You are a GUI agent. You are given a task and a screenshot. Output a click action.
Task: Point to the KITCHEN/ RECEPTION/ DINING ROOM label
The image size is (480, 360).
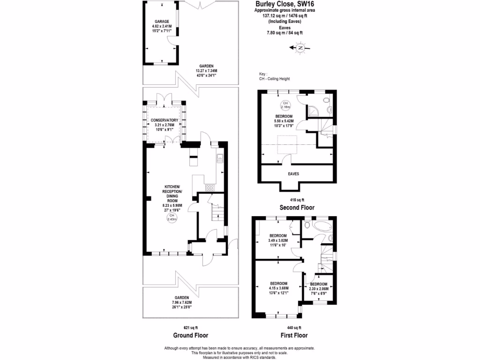click(172, 193)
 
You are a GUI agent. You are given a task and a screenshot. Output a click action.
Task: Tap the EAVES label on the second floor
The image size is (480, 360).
click(293, 173)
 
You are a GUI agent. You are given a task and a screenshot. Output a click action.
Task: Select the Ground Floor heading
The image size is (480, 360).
click(190, 335)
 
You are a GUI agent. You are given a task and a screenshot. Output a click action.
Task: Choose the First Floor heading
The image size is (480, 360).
click(293, 335)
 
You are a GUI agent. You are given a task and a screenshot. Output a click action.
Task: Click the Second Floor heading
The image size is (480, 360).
click(297, 207)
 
